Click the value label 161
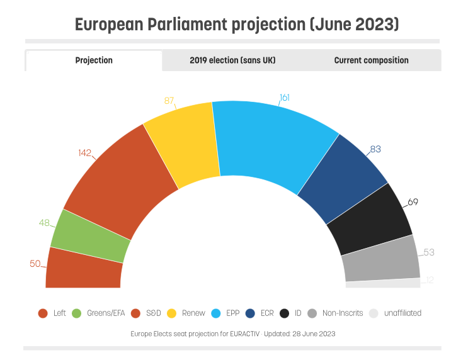(x=285, y=98)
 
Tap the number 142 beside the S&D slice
(x=85, y=152)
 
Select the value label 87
(x=169, y=101)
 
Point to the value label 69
(x=413, y=202)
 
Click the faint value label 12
(x=429, y=280)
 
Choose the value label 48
(x=44, y=223)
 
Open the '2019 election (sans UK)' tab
(x=232, y=60)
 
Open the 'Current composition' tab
(x=371, y=60)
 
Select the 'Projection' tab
(x=94, y=60)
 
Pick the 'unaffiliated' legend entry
(x=395, y=313)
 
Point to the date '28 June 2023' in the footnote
(x=313, y=334)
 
